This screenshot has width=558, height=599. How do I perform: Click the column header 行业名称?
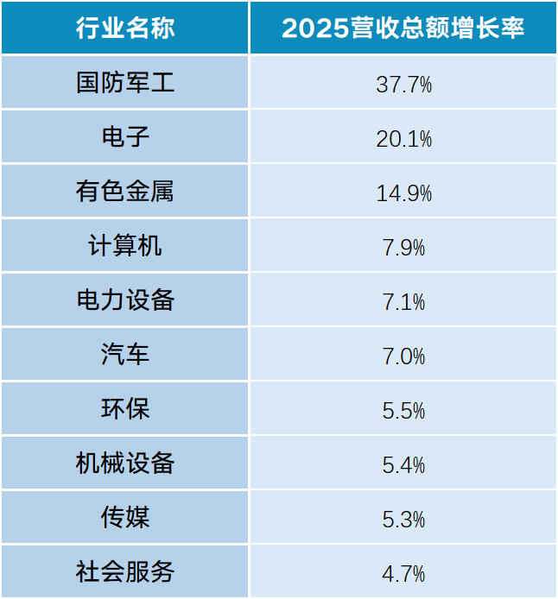(x=125, y=28)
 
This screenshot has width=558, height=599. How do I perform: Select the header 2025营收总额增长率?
(x=403, y=28)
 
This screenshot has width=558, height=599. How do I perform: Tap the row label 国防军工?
(x=125, y=83)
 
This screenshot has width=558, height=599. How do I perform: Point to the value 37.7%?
(x=403, y=84)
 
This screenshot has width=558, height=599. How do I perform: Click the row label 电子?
(x=125, y=136)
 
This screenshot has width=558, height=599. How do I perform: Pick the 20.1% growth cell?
(x=403, y=138)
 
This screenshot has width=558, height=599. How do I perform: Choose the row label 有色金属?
(x=125, y=191)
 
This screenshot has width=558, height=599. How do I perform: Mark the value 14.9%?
(x=403, y=193)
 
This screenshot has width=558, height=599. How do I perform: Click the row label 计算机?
(x=125, y=245)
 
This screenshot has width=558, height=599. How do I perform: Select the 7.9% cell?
(x=403, y=247)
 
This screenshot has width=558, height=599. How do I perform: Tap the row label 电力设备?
(x=125, y=299)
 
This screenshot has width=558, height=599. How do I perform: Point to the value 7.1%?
(x=403, y=302)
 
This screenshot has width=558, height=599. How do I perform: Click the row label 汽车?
(x=125, y=354)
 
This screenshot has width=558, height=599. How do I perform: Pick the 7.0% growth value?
(x=403, y=356)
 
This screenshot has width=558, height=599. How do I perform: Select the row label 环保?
(x=125, y=408)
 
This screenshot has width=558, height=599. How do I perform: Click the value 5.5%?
(x=403, y=410)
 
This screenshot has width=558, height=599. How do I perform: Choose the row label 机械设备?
(x=125, y=463)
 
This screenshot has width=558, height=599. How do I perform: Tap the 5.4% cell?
(x=403, y=464)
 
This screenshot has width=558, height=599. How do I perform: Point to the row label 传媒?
(x=125, y=517)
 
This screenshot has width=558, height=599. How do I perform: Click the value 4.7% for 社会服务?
(x=403, y=573)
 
